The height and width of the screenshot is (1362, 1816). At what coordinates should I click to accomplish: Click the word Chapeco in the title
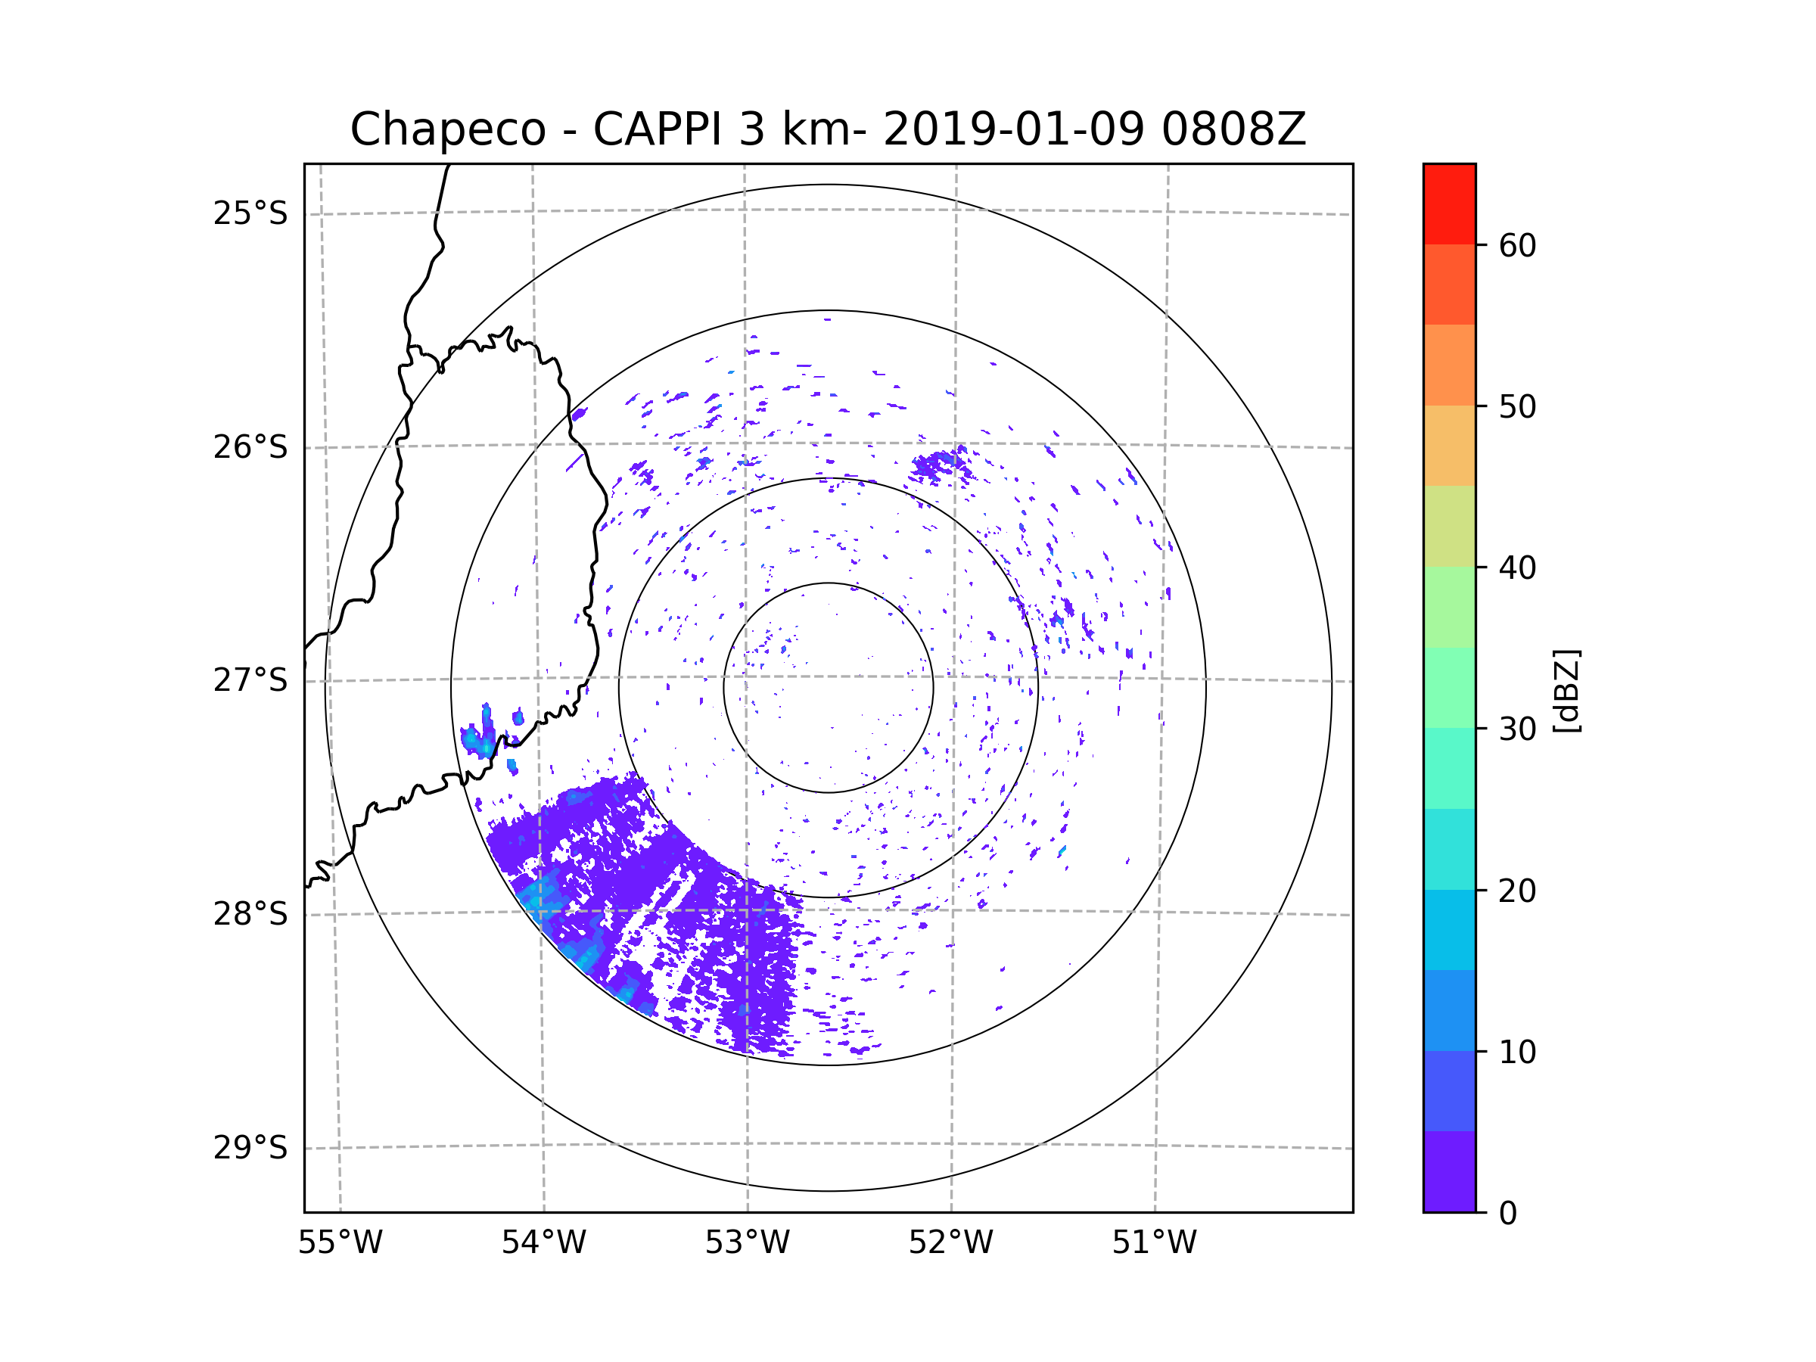pos(447,129)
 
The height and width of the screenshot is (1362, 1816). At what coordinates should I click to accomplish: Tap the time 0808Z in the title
pos(1233,129)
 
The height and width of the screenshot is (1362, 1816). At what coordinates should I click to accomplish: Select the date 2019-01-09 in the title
pos(1013,129)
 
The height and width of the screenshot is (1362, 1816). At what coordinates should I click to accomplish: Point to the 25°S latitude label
pos(250,213)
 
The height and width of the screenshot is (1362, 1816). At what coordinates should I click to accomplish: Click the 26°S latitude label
pos(250,447)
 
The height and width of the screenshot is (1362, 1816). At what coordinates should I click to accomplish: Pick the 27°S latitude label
pos(250,680)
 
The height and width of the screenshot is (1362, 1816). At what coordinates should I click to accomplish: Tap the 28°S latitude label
pos(250,914)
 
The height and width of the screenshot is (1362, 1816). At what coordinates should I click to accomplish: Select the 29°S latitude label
pos(250,1148)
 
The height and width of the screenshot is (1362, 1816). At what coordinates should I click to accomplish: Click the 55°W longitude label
pos(340,1243)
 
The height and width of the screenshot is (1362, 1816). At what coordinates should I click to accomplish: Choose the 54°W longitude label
pos(543,1243)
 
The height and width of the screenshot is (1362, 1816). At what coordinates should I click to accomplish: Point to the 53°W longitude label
pos(747,1243)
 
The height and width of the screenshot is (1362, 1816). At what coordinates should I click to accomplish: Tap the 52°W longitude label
pos(950,1243)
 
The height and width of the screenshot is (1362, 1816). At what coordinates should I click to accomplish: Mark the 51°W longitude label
pos(1154,1243)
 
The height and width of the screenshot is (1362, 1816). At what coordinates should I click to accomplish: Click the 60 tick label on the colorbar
pos(1517,245)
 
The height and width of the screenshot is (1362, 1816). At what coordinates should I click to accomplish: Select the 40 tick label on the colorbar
pos(1517,568)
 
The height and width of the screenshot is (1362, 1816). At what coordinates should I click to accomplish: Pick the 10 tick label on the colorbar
pos(1517,1053)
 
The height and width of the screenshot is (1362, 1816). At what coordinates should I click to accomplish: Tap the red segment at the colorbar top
pos(1449,204)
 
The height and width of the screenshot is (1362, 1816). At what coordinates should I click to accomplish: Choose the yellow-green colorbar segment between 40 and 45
pos(1449,526)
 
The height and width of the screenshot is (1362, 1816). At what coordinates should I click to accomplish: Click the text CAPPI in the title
pos(656,129)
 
